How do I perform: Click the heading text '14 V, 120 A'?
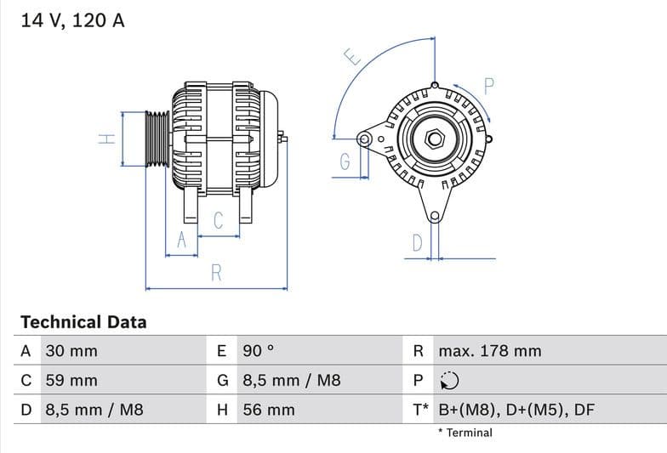coord(72,20)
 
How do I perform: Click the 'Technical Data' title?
coord(83,322)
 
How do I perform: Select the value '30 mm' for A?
coord(71,351)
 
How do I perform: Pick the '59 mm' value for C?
coord(71,381)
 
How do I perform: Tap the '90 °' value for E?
coord(259,351)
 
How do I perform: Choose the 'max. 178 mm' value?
coord(489,351)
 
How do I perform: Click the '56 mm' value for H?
coord(269,410)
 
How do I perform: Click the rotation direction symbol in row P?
coord(449,381)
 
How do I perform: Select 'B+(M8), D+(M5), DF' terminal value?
coord(516,410)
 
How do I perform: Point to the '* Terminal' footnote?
coord(465,433)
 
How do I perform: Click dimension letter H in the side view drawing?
coord(106,139)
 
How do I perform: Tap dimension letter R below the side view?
coord(216,273)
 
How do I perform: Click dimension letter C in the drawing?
coord(218,221)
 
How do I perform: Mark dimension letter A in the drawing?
coord(180,241)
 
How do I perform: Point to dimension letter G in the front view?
coord(345,161)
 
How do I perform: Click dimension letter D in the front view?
coord(417,243)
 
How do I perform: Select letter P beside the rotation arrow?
coord(488,85)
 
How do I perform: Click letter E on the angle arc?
coord(352,57)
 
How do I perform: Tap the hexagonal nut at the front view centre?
coord(434,137)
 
